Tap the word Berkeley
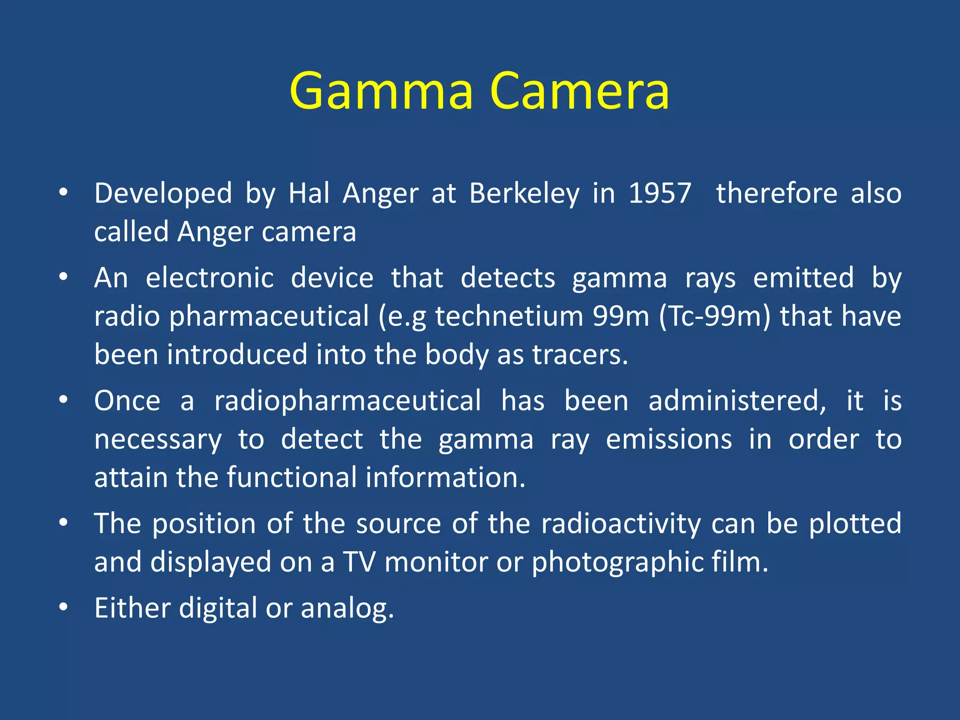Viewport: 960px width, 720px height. click(524, 194)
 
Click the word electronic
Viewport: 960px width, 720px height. click(210, 278)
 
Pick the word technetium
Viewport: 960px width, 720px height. click(510, 316)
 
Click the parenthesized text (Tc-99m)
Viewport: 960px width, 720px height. click(714, 316)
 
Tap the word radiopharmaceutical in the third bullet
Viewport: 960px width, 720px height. click(347, 401)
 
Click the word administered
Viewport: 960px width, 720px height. click(737, 401)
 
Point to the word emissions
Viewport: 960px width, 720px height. click(669, 440)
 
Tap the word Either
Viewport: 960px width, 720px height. click(132, 608)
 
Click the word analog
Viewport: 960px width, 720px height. click(347, 609)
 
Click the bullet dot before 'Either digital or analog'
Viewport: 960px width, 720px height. click(64, 607)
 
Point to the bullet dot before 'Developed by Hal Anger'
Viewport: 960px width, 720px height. click(64, 193)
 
